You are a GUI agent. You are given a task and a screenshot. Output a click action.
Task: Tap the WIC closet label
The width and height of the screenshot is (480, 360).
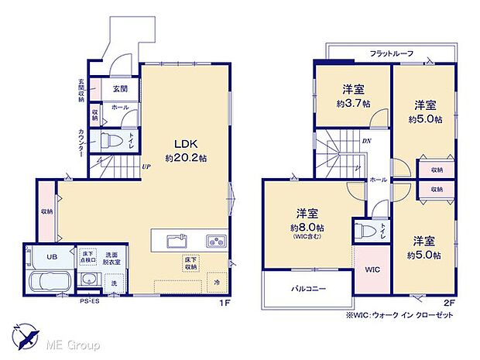coord(372,269)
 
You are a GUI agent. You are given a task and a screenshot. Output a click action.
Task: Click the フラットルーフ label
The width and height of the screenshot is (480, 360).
coord(391,53)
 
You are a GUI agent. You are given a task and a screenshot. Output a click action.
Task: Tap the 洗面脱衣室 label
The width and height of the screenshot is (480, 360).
coord(118,259)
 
